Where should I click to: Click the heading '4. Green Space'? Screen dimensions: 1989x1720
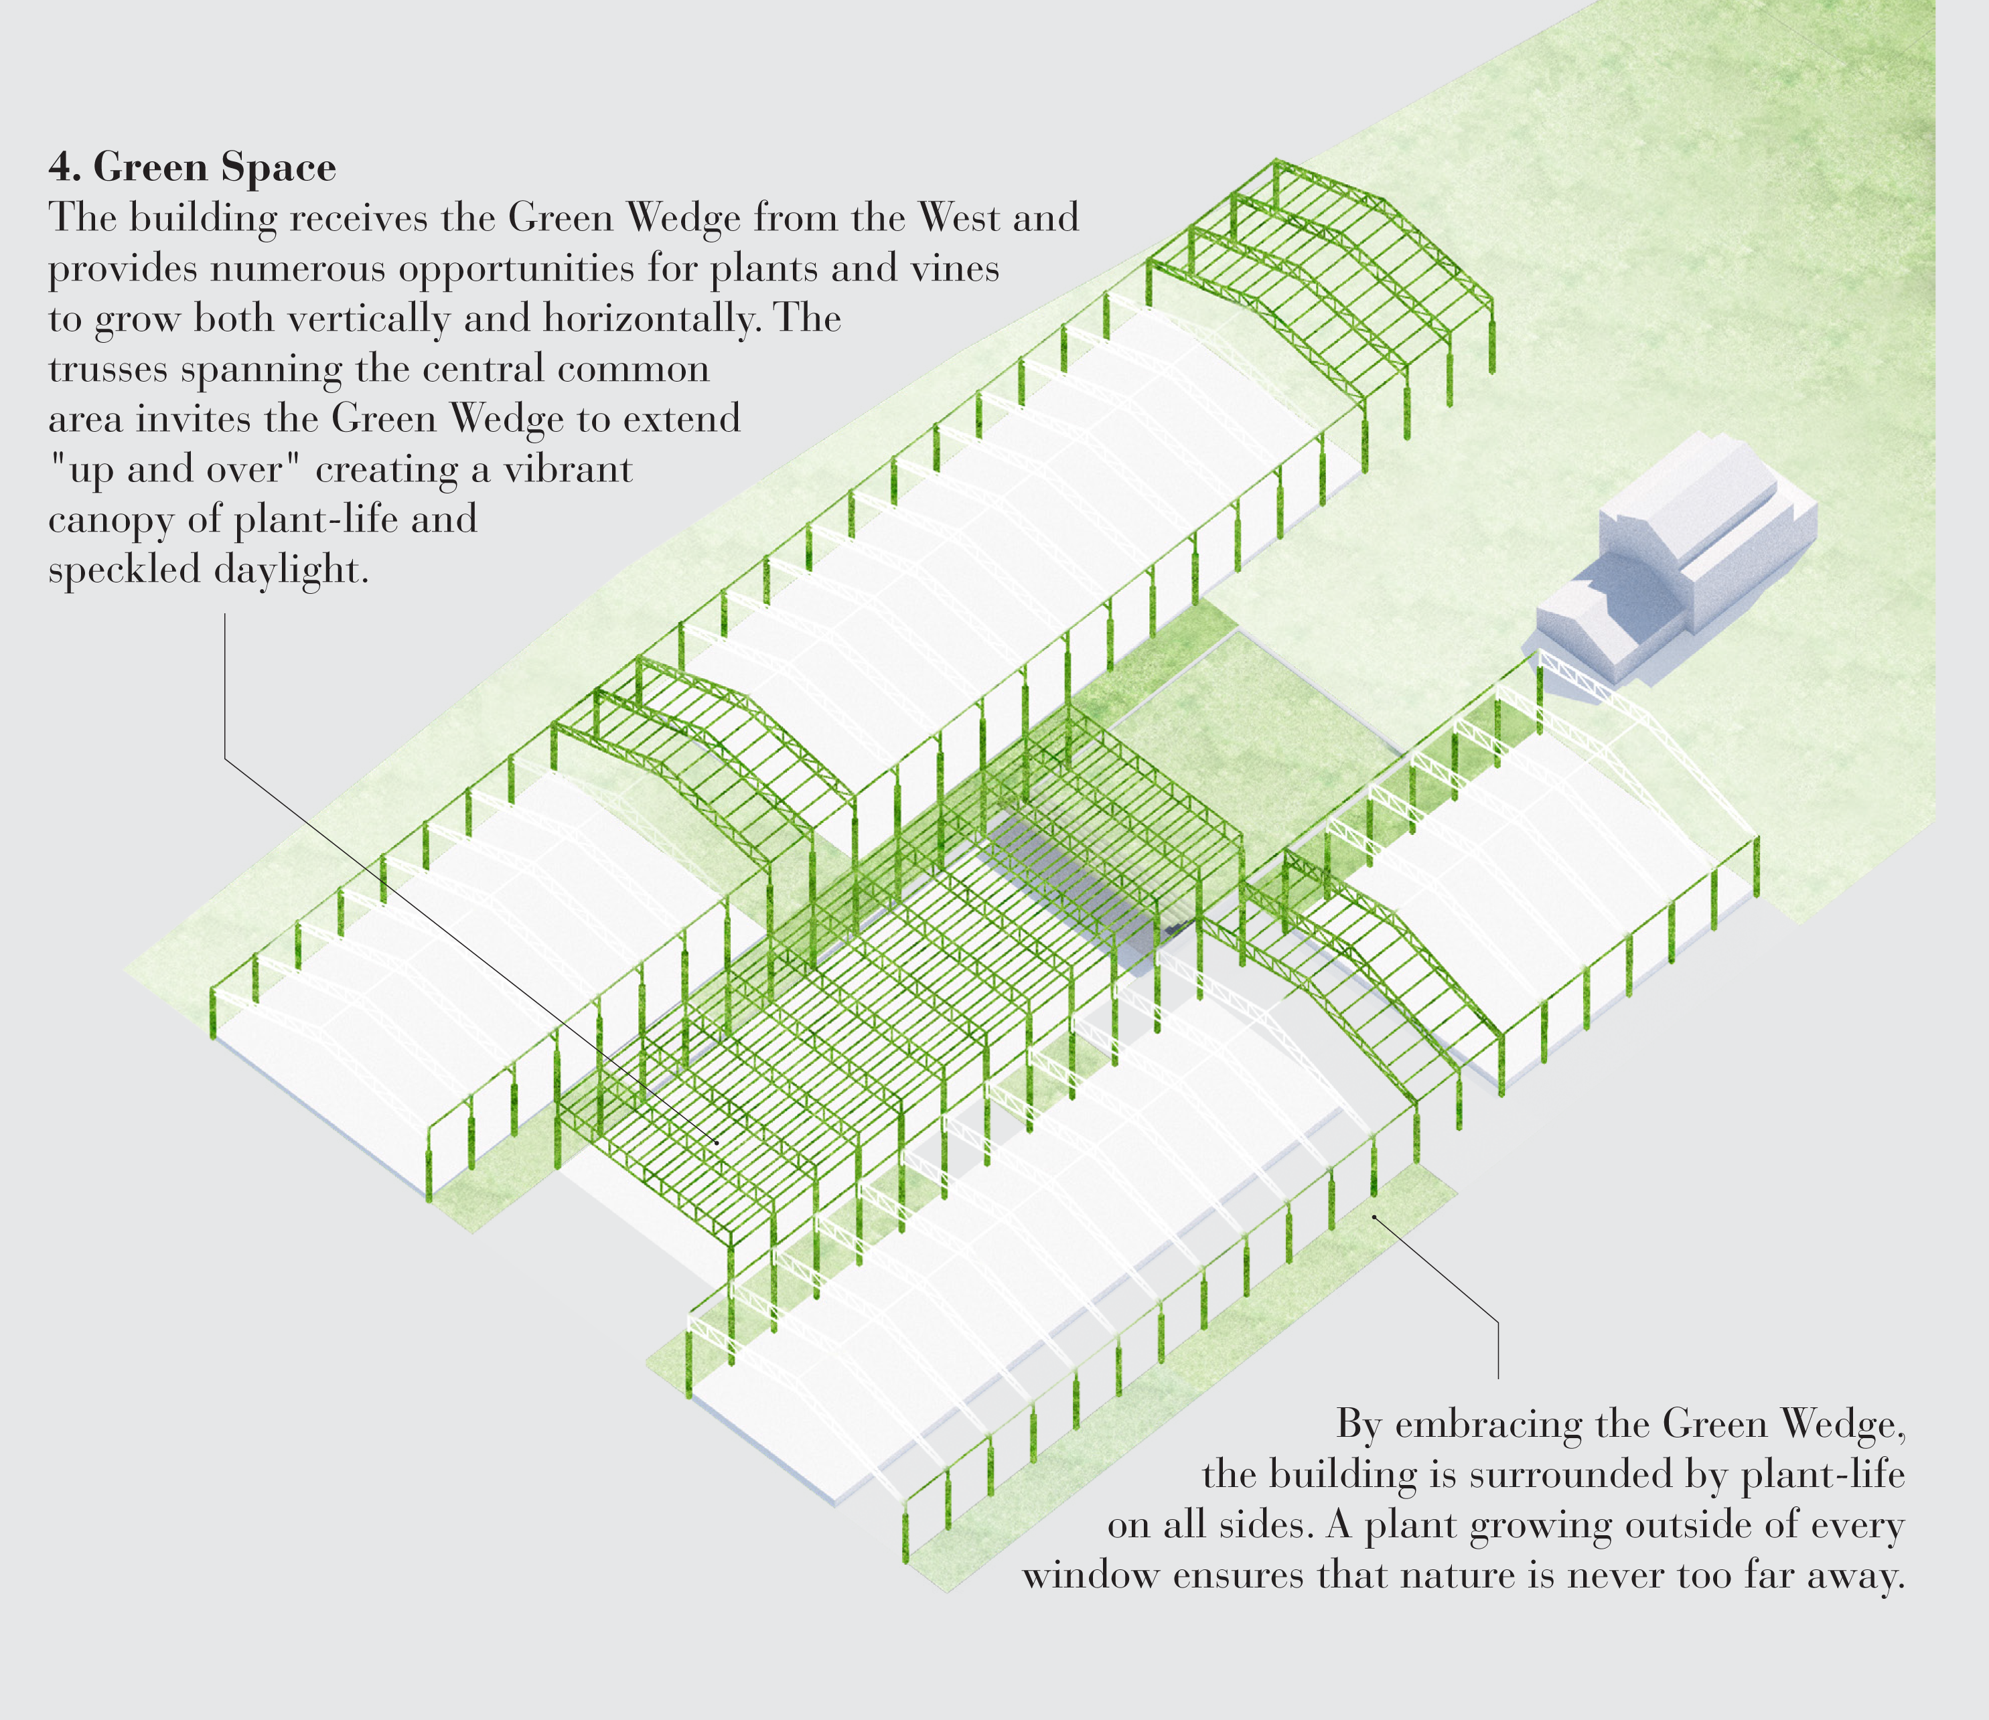[192, 167]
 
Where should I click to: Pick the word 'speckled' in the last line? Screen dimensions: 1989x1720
[124, 571]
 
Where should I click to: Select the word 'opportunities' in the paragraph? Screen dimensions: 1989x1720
[516, 268]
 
